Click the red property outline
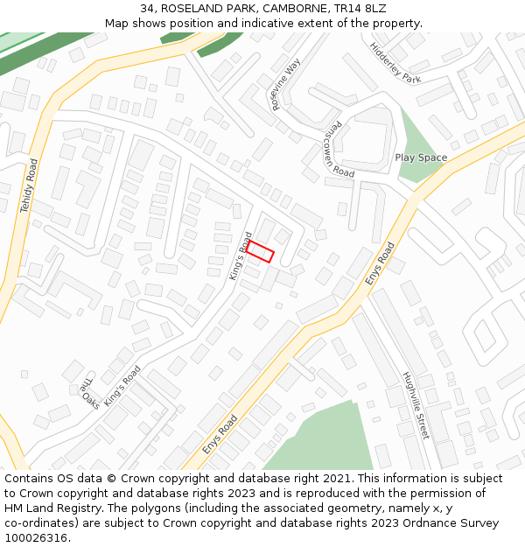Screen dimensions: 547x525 click(x=260, y=252)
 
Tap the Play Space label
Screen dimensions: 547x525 click(x=421, y=158)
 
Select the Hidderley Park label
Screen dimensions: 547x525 click(x=395, y=63)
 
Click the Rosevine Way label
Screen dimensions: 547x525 click(x=286, y=84)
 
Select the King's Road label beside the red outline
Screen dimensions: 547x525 click(x=241, y=256)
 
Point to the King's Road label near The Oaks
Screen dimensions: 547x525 click(x=122, y=386)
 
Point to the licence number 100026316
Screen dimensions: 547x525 click(x=35, y=537)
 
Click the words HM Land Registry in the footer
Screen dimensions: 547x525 click(x=51, y=508)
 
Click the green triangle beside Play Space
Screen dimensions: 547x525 click(x=417, y=140)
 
